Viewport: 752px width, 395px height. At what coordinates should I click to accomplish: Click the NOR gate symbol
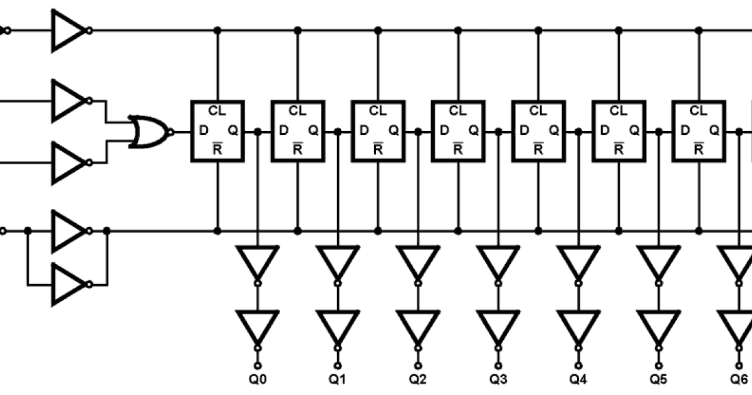point(149,132)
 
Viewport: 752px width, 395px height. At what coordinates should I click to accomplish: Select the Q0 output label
point(257,379)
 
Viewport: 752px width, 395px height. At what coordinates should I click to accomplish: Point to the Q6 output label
point(739,379)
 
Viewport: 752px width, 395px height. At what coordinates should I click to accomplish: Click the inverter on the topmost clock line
point(69,30)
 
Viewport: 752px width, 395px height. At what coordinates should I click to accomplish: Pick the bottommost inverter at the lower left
point(69,284)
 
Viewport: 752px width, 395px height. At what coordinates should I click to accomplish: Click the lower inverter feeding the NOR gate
point(69,162)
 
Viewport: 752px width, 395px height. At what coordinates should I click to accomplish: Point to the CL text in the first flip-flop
point(217,111)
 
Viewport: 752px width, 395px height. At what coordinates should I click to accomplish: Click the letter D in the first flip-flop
point(203,130)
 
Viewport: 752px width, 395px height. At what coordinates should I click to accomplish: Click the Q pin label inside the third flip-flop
point(394,130)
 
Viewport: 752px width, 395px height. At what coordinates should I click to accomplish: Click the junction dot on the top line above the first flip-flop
point(217,30)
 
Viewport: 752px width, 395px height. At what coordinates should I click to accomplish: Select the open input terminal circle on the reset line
point(3,231)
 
